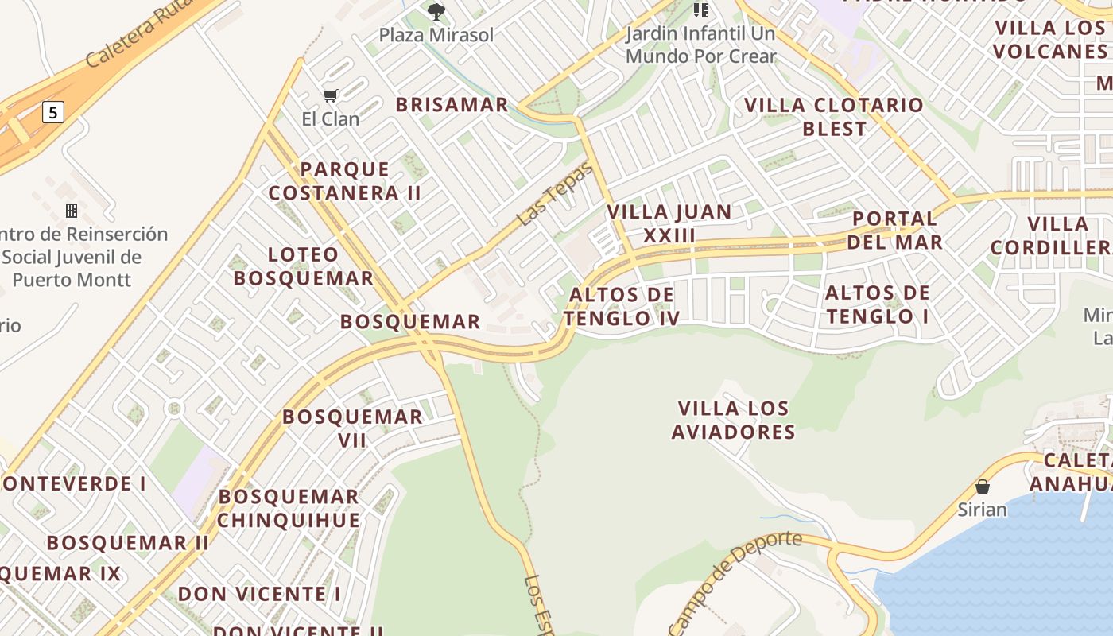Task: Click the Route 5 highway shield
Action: click(x=52, y=112)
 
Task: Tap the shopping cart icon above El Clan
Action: click(x=331, y=95)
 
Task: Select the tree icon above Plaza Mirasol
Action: click(x=436, y=11)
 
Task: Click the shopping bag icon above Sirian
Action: click(x=983, y=487)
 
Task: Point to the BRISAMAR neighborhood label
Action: click(x=452, y=104)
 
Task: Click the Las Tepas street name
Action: click(x=554, y=193)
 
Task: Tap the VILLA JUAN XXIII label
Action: click(x=669, y=223)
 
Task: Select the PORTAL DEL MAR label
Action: click(x=894, y=230)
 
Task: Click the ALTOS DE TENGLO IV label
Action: click(x=622, y=306)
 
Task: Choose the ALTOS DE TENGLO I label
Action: click(x=878, y=304)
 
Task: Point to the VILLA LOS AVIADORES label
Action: click(x=733, y=420)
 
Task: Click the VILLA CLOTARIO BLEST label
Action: click(x=834, y=116)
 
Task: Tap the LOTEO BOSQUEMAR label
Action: click(x=303, y=266)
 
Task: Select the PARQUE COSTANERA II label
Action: click(x=345, y=180)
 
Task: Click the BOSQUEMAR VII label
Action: click(x=352, y=428)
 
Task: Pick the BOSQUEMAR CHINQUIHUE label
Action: click(x=289, y=508)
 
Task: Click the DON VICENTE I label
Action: click(x=259, y=594)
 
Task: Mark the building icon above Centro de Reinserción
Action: click(x=72, y=210)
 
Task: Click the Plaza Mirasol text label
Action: click(x=436, y=35)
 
